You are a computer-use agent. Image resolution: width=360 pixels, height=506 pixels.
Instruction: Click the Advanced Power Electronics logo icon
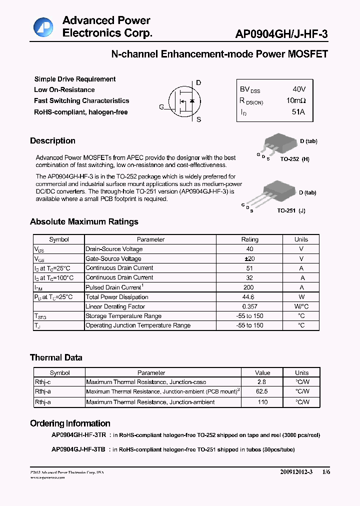(43, 27)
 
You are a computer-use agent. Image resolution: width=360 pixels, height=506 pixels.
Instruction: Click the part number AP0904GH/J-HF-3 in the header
(281, 33)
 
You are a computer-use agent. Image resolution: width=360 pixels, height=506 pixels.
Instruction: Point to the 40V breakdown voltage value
(299, 89)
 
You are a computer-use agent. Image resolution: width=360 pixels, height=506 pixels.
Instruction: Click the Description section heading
(52, 141)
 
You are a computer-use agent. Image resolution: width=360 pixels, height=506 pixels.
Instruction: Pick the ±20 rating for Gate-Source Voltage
(250, 258)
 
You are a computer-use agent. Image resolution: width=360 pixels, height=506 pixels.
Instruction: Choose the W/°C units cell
(301, 306)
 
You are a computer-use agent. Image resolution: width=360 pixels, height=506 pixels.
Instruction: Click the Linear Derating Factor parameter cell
(115, 306)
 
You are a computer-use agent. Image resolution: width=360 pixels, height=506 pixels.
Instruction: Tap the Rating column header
(250, 239)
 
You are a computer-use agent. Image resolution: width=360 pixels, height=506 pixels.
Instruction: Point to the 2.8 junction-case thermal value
(262, 382)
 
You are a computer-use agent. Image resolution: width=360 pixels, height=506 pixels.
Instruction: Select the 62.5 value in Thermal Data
(262, 391)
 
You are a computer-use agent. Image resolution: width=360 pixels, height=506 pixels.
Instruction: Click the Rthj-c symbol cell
(42, 382)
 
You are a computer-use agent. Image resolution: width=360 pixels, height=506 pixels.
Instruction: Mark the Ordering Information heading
(70, 423)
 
